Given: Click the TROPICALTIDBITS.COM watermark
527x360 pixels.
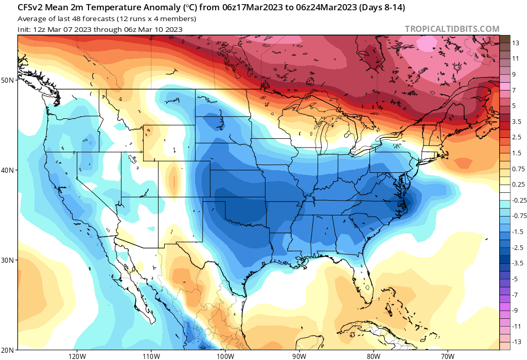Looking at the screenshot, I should tap(452, 29).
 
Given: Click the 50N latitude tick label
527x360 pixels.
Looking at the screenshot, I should tap(8, 80).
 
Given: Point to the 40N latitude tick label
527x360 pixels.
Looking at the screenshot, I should tap(8, 170).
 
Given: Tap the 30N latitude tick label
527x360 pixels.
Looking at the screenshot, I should tap(8, 260).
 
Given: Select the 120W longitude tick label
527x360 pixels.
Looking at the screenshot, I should tap(77, 355).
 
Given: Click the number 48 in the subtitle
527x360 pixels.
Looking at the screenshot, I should tap(83, 19).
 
